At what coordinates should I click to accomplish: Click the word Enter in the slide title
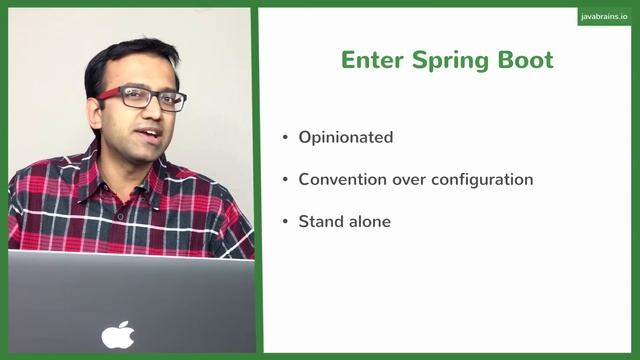tap(367, 59)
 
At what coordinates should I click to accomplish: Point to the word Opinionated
tap(345, 138)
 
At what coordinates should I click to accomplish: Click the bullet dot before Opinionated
tap(285, 138)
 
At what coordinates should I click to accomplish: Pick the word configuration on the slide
tap(479, 179)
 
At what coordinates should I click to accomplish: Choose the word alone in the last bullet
tap(369, 221)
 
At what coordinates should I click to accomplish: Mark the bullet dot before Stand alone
tap(285, 221)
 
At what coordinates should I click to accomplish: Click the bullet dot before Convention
tap(285, 180)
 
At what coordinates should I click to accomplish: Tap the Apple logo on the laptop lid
tap(118, 335)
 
